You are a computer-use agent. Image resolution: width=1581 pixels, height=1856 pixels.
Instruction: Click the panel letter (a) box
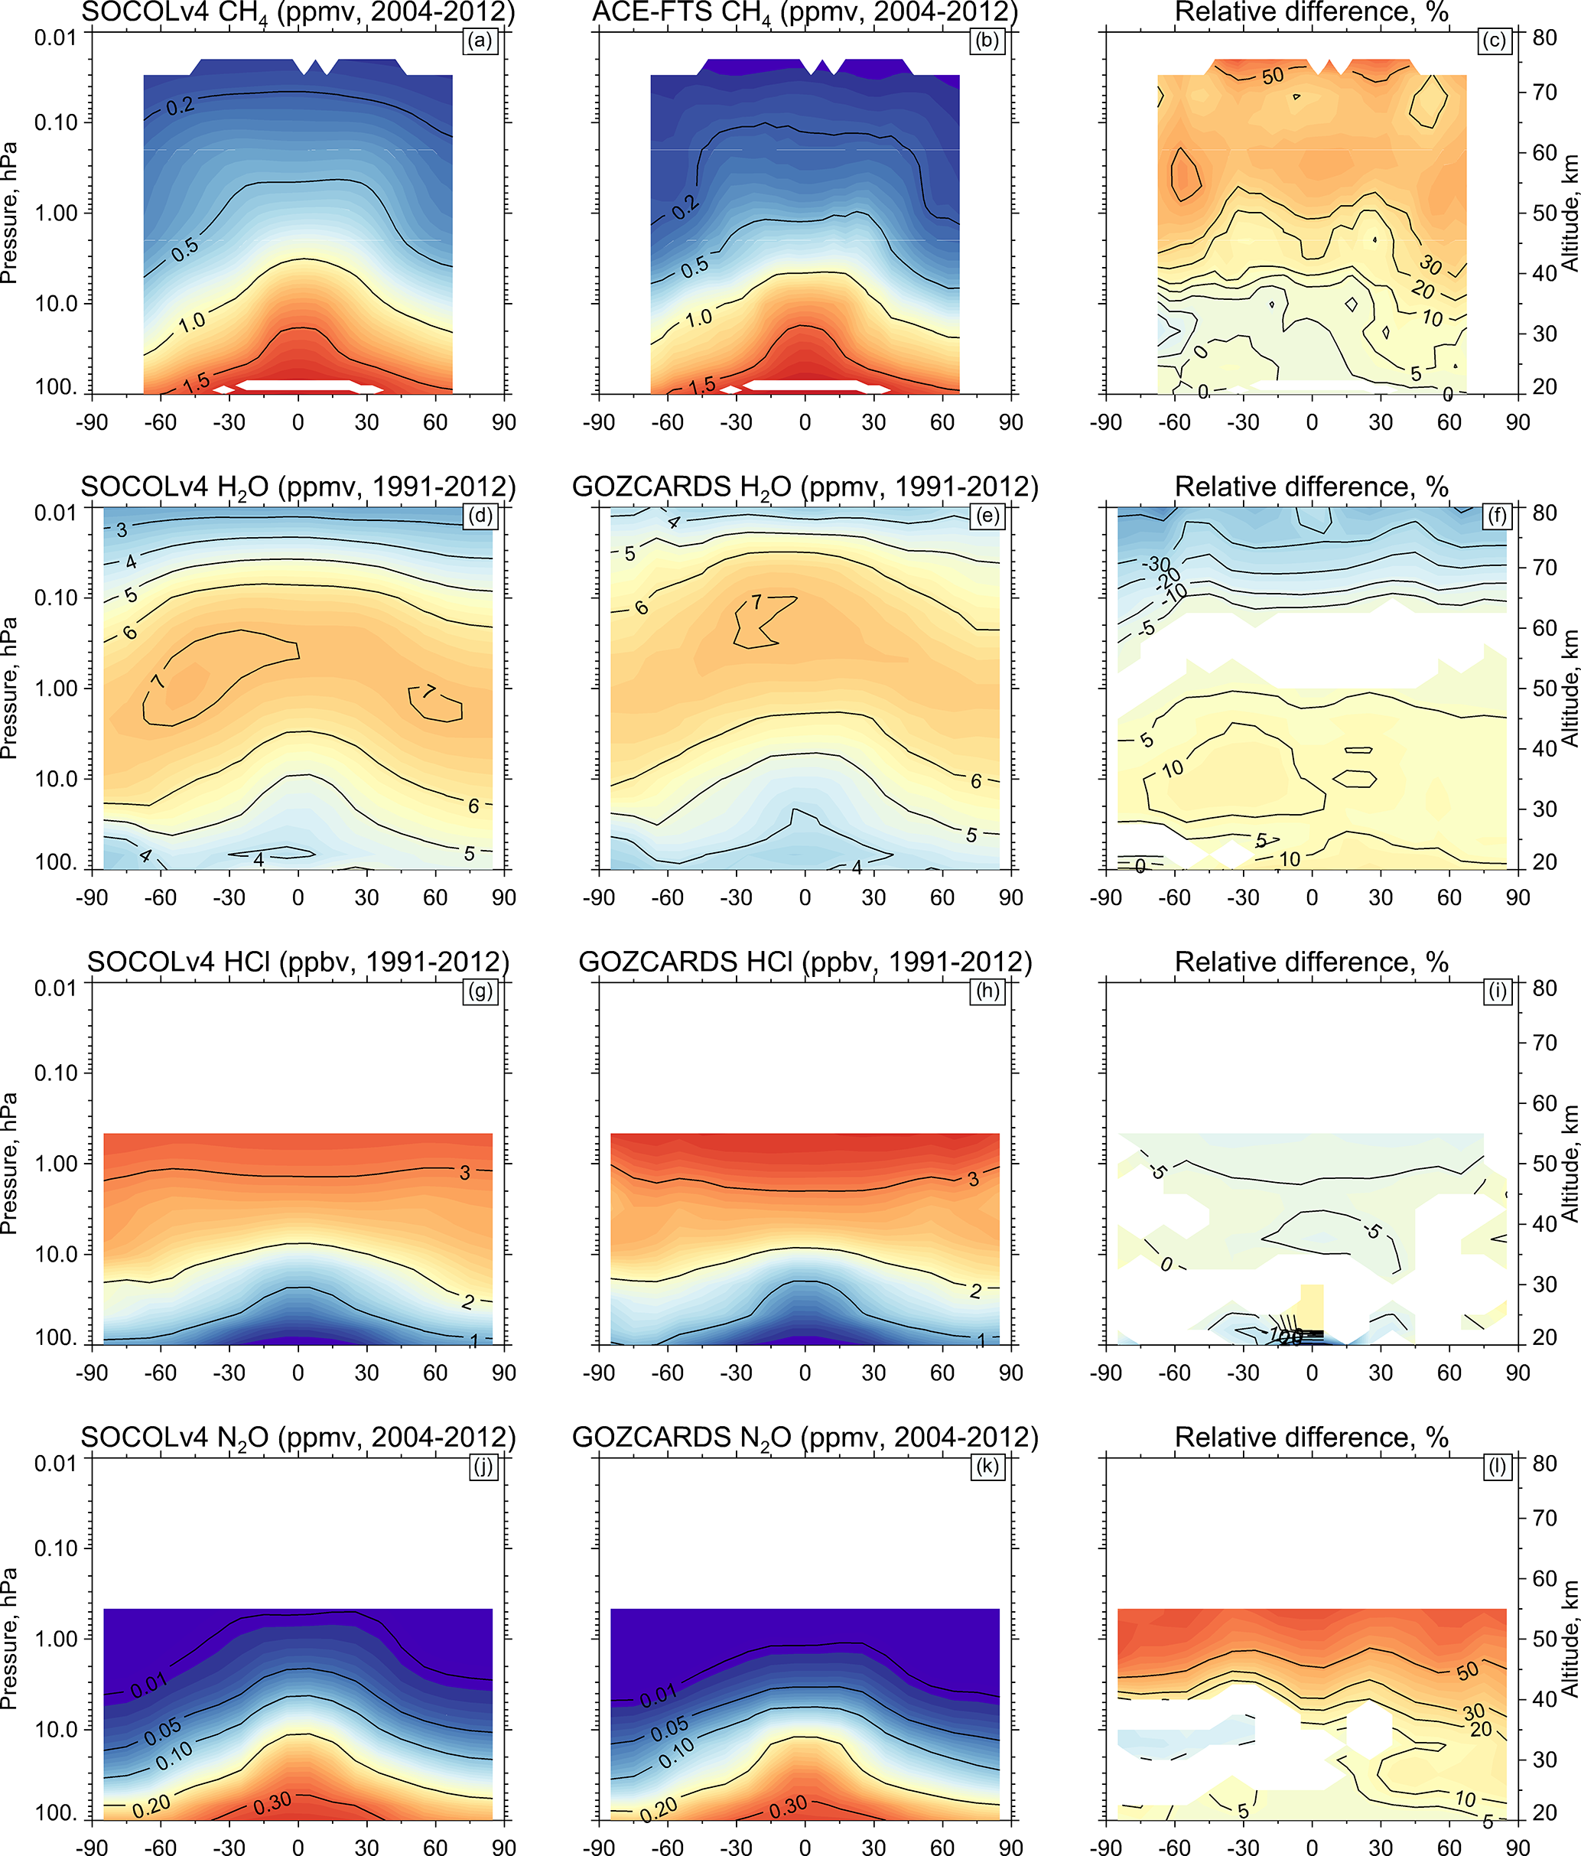point(480,41)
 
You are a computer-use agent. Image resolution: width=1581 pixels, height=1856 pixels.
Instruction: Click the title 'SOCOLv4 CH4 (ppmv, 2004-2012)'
point(298,12)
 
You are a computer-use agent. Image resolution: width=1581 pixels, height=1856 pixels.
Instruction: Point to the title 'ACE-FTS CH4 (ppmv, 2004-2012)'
point(805,12)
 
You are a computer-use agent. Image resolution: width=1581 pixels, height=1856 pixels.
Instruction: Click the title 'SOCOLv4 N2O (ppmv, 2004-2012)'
point(298,1438)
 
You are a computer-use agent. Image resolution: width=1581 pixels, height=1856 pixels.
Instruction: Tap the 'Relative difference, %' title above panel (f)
point(1311,487)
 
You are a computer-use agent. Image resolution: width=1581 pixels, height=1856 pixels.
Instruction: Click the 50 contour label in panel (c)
point(1273,77)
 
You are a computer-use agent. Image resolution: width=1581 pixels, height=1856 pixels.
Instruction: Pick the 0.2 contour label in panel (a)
point(180,106)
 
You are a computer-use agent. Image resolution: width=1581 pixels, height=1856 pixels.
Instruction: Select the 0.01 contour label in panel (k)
point(659,1695)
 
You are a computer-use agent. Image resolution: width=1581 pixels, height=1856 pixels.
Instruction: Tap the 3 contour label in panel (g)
point(465,1173)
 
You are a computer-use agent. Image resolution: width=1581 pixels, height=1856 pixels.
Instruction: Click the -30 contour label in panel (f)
point(1158,565)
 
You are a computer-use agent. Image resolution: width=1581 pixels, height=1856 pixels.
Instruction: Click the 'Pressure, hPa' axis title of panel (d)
point(10,688)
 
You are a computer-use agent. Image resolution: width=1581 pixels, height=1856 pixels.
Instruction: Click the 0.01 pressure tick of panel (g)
point(56,988)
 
